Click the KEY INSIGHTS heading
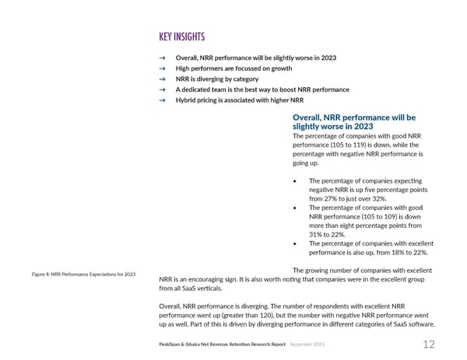pos(182,38)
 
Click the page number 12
pos(429,344)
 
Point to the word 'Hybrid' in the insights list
pos(187,100)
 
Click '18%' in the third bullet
pos(392,252)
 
